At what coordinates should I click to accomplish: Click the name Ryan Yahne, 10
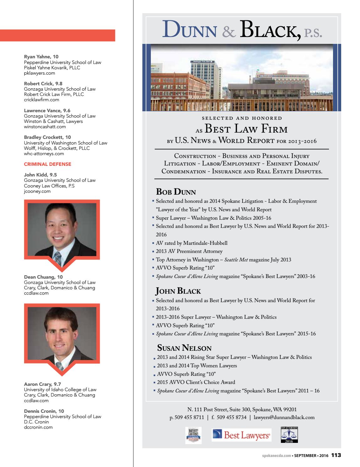[41, 57]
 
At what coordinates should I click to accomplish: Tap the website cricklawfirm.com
[41, 100]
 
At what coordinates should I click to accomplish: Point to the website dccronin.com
[38, 427]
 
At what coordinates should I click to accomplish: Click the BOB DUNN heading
[176, 192]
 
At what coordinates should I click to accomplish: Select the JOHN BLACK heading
[178, 291]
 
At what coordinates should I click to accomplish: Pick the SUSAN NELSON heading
[184, 348]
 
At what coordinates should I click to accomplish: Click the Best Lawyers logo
[241, 435]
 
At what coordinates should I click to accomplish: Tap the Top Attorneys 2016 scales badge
[289, 435]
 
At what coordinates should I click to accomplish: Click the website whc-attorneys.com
[44, 154]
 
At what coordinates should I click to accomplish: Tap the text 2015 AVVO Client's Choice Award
[196, 382]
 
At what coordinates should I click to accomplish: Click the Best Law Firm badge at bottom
[193, 435]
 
